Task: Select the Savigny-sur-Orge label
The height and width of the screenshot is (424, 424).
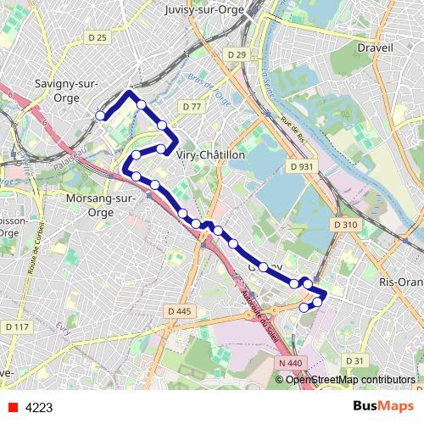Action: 65,89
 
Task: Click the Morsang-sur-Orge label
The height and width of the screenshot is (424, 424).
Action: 100,206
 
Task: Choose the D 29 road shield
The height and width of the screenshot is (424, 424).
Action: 237,55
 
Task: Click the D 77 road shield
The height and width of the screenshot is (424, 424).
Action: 191,107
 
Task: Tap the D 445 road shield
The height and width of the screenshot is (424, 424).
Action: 180,311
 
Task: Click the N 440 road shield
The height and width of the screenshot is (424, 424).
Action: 289,362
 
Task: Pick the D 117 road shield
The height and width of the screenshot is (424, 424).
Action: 16,326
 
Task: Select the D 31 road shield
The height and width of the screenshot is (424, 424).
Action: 354,360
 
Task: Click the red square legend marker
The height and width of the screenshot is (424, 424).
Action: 10,408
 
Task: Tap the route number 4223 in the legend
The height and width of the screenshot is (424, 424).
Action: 39,408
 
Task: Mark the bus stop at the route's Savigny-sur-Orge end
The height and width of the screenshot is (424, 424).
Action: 100,115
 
